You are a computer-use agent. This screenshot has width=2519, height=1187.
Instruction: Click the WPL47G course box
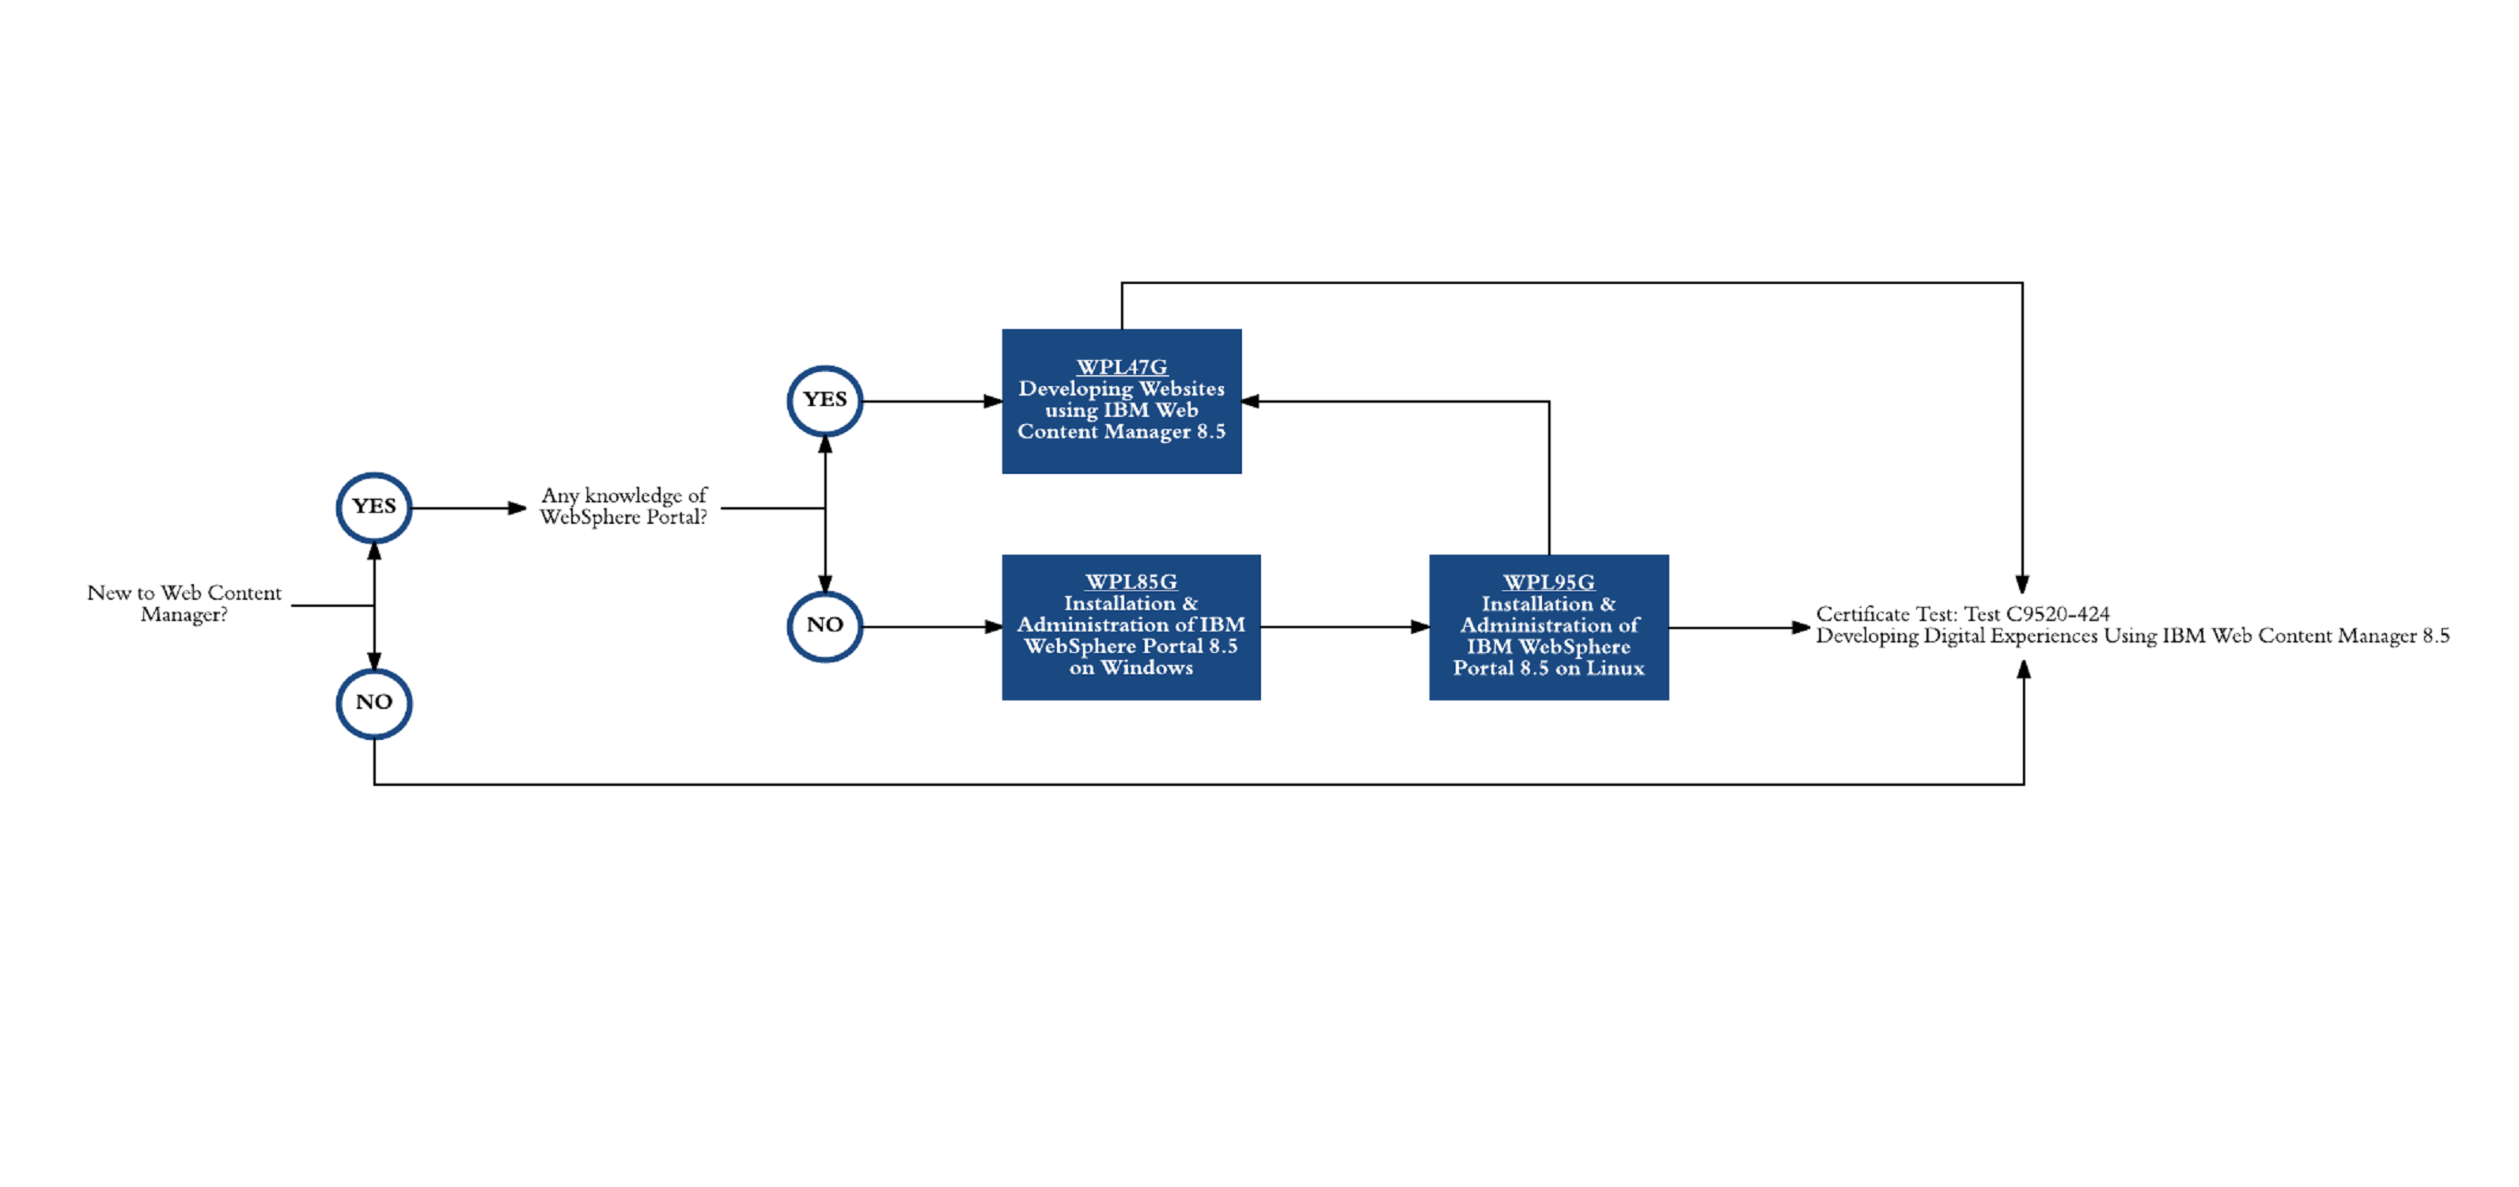point(1122,401)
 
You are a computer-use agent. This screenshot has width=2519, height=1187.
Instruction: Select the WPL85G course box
point(1131,627)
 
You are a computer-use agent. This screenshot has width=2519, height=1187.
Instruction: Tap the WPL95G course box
point(1549,627)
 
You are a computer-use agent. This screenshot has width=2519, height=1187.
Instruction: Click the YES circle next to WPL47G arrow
point(825,401)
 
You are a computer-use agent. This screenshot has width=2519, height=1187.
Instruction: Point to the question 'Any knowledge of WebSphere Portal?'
point(624,506)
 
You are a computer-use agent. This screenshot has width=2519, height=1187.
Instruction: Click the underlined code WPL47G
point(1122,366)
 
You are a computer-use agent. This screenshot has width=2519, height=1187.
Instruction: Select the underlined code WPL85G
point(1131,582)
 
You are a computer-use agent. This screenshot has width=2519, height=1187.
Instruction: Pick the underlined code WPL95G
point(1549,582)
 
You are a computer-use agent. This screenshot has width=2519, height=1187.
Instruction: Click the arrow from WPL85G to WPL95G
point(1345,627)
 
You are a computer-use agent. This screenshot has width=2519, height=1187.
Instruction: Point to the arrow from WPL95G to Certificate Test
point(1740,628)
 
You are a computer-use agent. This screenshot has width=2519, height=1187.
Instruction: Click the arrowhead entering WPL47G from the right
point(1250,401)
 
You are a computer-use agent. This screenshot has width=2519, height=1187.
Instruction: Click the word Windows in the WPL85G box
point(1147,668)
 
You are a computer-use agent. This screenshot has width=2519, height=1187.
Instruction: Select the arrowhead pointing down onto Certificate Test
point(2022,585)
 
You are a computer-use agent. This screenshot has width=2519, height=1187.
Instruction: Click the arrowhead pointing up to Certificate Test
point(2025,669)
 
